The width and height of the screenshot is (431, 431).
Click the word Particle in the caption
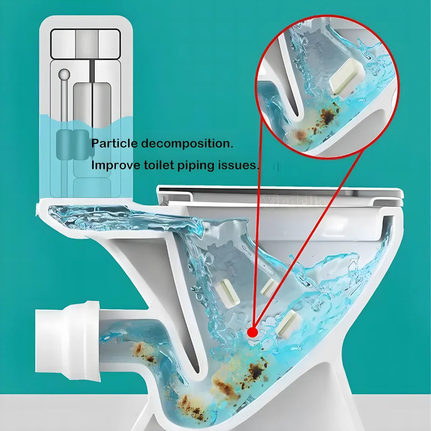(114, 143)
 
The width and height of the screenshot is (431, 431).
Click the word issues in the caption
(236, 165)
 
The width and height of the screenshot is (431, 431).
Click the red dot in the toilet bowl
(252, 332)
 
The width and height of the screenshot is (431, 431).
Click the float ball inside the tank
(64, 74)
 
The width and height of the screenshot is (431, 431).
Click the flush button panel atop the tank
(85, 44)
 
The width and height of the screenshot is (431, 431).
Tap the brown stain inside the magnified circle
(328, 116)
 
